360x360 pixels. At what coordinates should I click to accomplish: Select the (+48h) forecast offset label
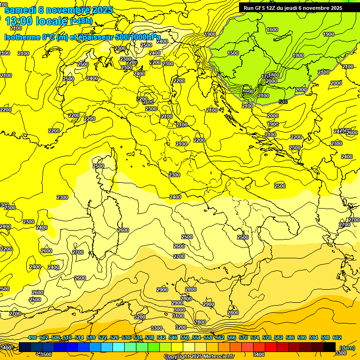(x=82, y=22)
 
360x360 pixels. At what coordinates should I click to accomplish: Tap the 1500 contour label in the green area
(x=233, y=53)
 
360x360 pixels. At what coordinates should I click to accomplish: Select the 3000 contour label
(x=179, y=310)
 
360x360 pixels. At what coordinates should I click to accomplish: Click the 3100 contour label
(x=178, y=316)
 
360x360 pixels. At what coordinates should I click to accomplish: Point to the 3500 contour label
(x=46, y=354)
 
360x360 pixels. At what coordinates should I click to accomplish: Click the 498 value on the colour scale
(x=32, y=337)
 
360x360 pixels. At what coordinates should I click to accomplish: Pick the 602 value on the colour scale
(x=337, y=337)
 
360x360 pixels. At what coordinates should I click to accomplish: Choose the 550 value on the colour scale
(x=185, y=337)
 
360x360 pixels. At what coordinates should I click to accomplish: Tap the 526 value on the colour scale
(x=114, y=337)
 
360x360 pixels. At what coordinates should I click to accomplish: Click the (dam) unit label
(x=347, y=348)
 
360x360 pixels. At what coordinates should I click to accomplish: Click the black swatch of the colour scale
(x=330, y=347)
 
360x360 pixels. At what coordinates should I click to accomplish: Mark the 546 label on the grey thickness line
(x=283, y=101)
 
